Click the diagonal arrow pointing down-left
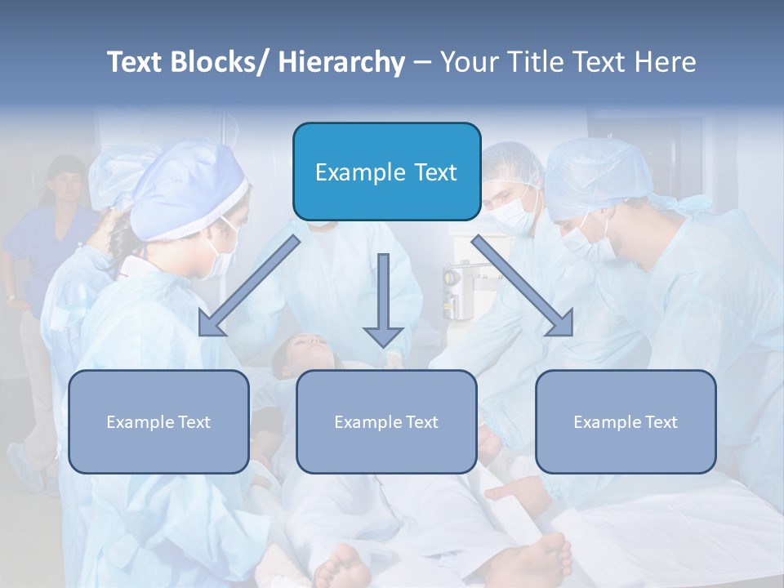(x=249, y=286)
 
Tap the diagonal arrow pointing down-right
(x=523, y=286)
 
